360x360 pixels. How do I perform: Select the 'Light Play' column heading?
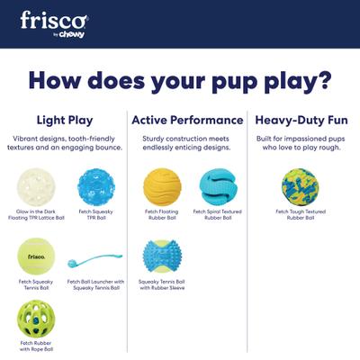(x=64, y=120)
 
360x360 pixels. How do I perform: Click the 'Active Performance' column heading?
(x=187, y=120)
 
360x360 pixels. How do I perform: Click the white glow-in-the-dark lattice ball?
(x=36, y=187)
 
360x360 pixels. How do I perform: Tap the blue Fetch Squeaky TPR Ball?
(x=95, y=187)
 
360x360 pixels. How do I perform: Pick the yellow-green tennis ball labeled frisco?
(x=36, y=256)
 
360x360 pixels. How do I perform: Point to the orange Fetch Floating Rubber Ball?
(x=162, y=187)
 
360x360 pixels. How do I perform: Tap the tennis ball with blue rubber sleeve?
(x=162, y=256)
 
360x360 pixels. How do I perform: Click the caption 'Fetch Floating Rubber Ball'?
(x=162, y=216)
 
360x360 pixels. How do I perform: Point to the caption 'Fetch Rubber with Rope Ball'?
(x=36, y=346)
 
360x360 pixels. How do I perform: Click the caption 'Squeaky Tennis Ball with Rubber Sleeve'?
(x=162, y=285)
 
